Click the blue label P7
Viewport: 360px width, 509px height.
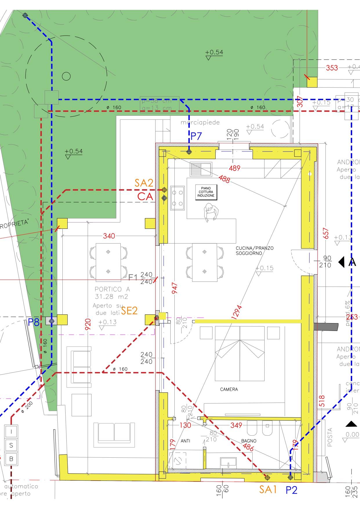[196, 136]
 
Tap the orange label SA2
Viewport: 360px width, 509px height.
[144, 183]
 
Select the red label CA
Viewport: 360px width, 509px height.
[145, 196]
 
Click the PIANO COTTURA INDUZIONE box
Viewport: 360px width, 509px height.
[206, 192]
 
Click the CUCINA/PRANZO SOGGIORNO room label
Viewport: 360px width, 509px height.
[250, 251]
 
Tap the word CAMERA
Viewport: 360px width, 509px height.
[229, 389]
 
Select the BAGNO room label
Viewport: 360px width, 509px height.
[249, 441]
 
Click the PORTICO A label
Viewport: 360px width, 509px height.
[112, 289]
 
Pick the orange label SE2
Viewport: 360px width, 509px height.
[129, 311]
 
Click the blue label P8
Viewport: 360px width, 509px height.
[33, 322]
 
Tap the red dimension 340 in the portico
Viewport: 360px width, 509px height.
[109, 236]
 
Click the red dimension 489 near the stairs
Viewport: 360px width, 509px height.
[234, 168]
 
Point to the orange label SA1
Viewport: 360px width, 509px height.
[267, 490]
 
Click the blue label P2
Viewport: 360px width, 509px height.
[292, 490]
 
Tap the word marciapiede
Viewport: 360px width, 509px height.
[200, 123]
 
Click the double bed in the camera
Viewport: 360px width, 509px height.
[240, 353]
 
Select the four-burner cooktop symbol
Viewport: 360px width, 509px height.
[178, 198]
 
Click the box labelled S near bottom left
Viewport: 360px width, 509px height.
[11, 445]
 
